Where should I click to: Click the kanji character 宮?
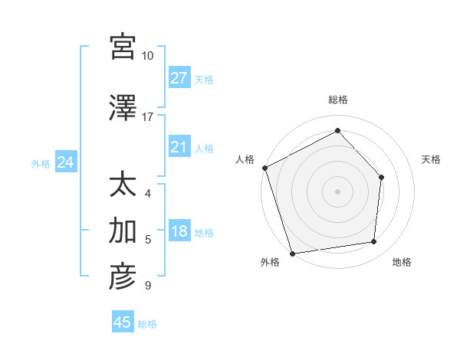[x=123, y=46]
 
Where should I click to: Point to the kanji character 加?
[x=123, y=229]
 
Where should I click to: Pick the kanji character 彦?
[x=123, y=277]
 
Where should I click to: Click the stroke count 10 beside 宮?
[x=148, y=57]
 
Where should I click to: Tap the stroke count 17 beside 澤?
[x=148, y=117]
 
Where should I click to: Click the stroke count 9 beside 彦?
[x=148, y=286]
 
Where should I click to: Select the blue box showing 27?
[x=179, y=78]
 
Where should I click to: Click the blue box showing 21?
[x=179, y=147]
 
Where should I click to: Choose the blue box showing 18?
[x=179, y=231]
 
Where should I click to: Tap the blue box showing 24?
[x=65, y=162]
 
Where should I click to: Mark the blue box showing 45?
[x=123, y=322]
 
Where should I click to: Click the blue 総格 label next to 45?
[x=148, y=324]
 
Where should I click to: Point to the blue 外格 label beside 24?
[x=41, y=163]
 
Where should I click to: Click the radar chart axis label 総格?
[x=338, y=100]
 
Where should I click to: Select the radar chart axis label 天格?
[x=432, y=159]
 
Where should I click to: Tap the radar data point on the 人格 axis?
[x=264, y=168]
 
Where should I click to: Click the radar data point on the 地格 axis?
[x=374, y=242]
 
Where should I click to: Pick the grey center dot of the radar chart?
[x=337, y=191]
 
